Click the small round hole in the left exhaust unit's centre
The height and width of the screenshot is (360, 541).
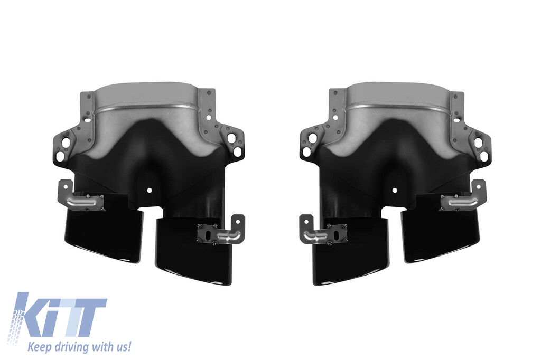click(x=149, y=190)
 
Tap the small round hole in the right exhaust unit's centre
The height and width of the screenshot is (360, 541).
click(x=395, y=190)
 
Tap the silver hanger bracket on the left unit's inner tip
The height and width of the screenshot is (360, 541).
click(x=221, y=231)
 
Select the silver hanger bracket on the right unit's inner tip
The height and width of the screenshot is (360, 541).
click(x=323, y=231)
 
